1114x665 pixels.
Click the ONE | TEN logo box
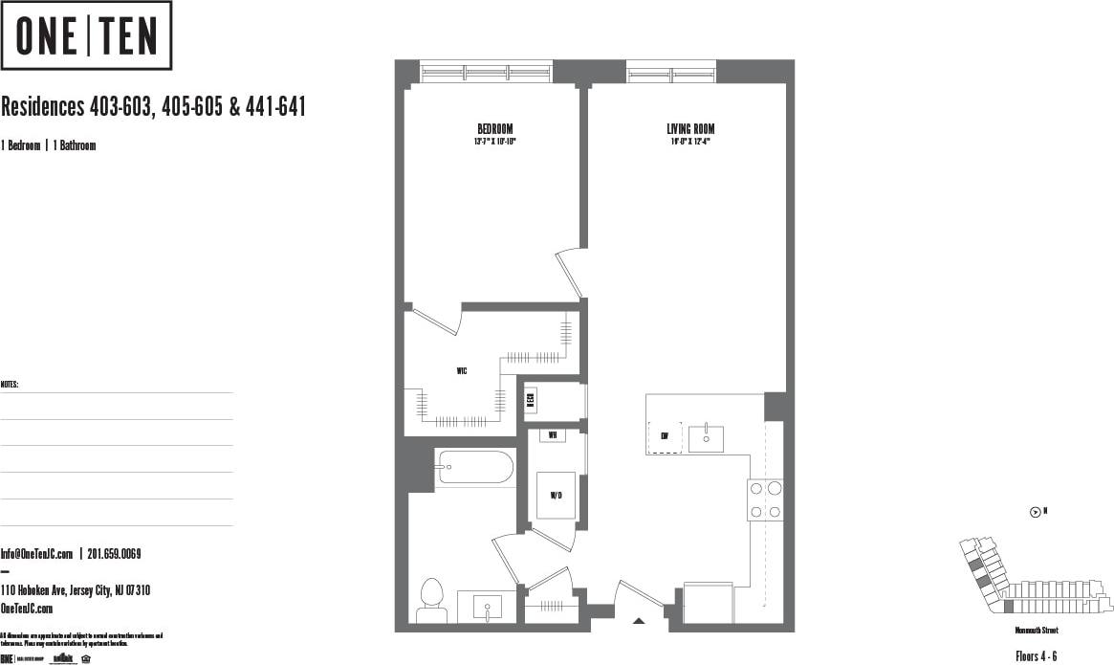86,35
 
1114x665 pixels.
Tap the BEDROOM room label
495,129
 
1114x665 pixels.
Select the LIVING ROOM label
690,129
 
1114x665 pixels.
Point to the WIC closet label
461,369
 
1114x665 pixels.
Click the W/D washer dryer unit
555,496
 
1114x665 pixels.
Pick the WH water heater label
552,435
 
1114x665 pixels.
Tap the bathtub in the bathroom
474,469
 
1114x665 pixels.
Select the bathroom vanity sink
487,607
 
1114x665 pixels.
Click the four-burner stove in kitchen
765,499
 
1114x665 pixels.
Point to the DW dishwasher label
665,436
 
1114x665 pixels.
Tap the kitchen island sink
706,438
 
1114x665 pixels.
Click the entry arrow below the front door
640,621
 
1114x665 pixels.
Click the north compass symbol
1036,512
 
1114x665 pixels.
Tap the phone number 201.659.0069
115,554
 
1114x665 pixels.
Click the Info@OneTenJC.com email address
37,554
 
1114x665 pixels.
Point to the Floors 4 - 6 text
1036,655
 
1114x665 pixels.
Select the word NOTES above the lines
10,384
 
